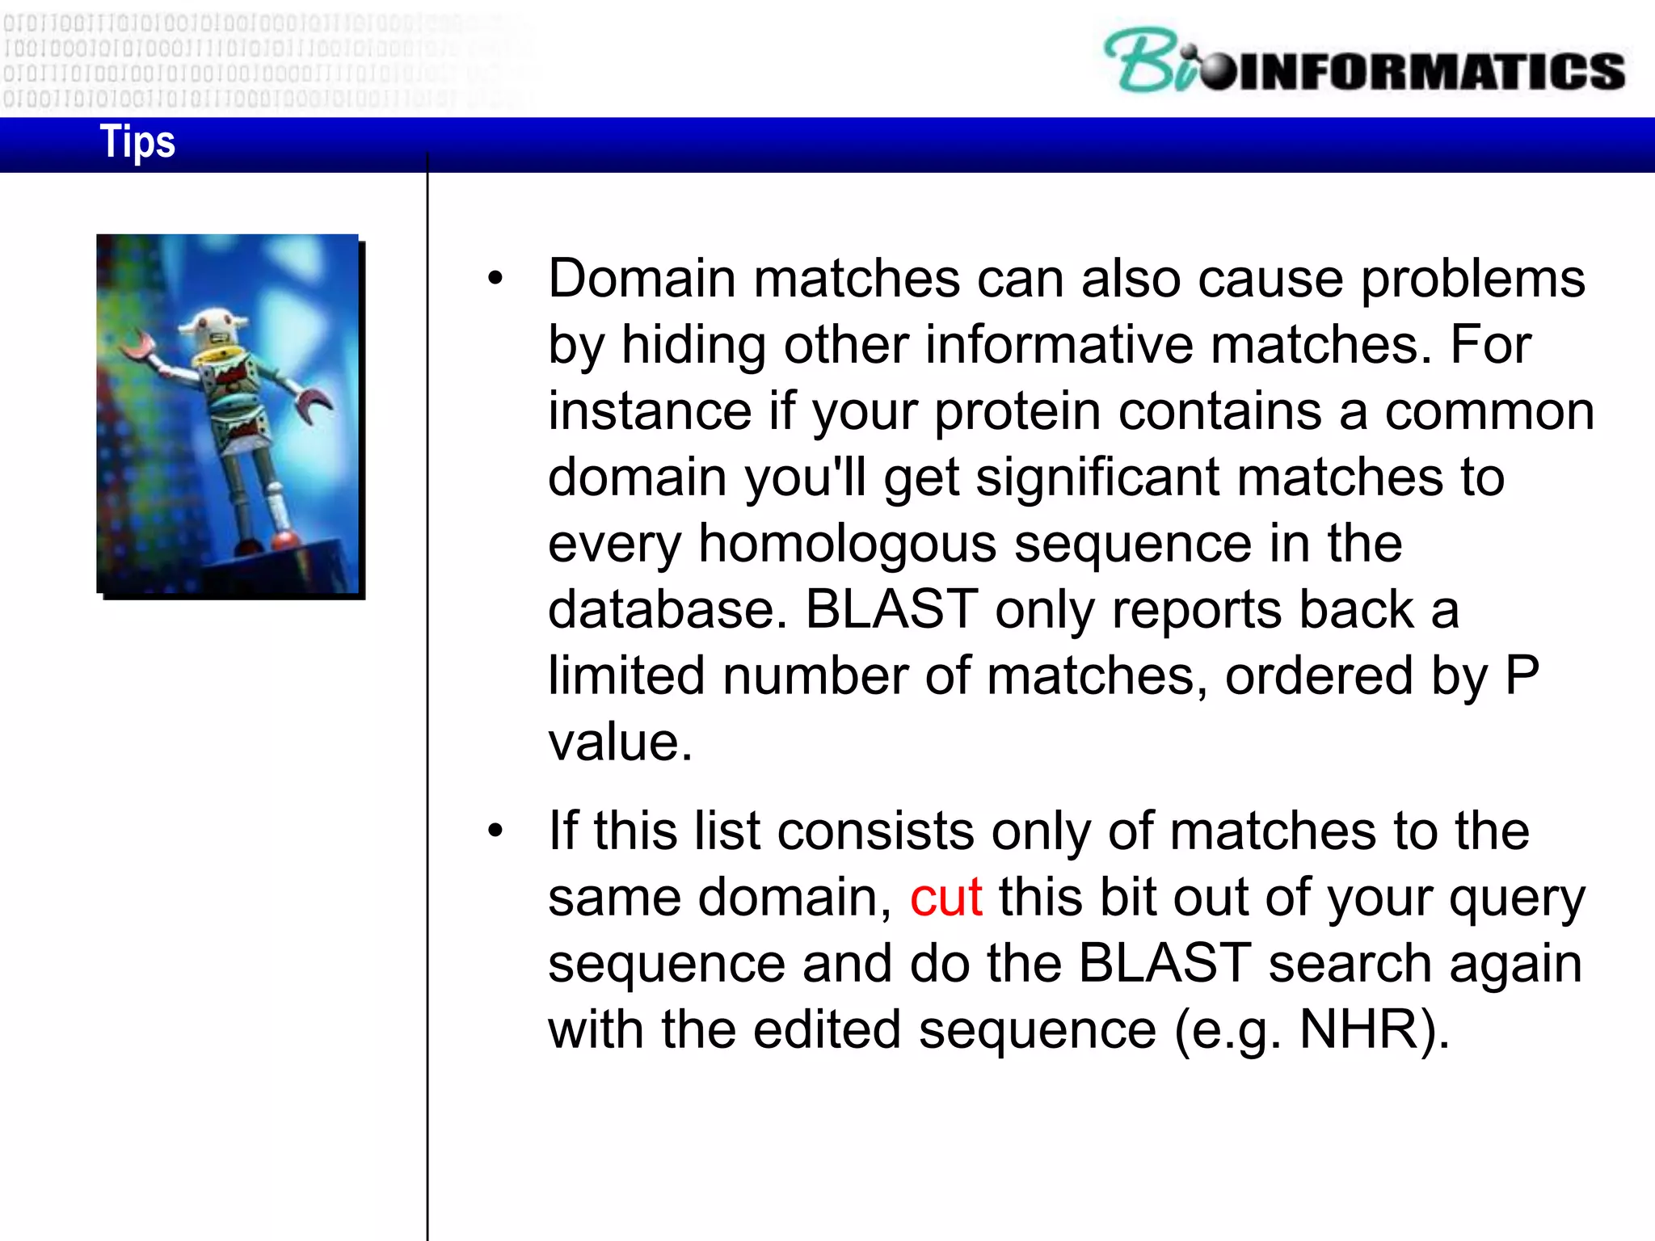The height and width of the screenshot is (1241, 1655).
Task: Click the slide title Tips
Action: pyautogui.click(x=137, y=142)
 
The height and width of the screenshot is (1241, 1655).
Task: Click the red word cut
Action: pyautogui.click(x=945, y=898)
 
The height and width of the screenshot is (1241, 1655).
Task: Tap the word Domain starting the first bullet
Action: pyautogui.click(x=642, y=279)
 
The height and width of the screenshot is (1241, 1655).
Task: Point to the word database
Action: pyautogui.click(x=666, y=609)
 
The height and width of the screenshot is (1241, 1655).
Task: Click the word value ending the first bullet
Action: pyautogui.click(x=620, y=742)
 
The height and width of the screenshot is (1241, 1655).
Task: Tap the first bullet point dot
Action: pyautogui.click(x=495, y=280)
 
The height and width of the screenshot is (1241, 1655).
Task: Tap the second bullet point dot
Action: pyautogui.click(x=495, y=831)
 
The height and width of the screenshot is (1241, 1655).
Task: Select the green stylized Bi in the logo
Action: pyautogui.click(x=1148, y=61)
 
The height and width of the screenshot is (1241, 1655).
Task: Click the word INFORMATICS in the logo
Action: pyautogui.click(x=1430, y=71)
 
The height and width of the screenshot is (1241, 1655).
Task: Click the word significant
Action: pyautogui.click(x=1097, y=477)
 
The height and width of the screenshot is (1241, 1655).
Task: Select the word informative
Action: pyautogui.click(x=1059, y=345)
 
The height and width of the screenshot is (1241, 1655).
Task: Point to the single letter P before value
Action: pyautogui.click(x=1522, y=675)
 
